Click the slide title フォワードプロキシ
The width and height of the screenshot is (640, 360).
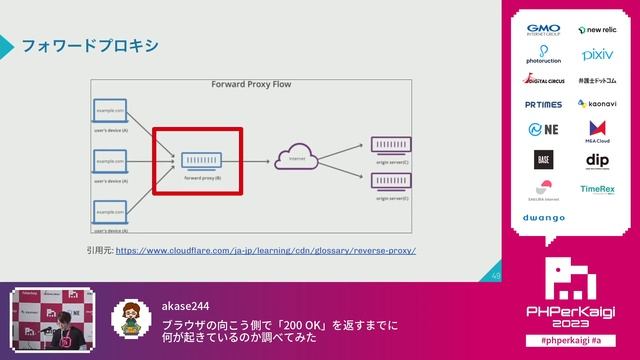(x=90, y=46)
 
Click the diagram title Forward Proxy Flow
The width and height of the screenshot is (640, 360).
(x=251, y=85)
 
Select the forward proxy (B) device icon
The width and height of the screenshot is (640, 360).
(x=202, y=158)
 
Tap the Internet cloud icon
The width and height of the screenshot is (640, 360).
(x=296, y=159)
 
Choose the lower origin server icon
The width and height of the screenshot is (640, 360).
(x=391, y=180)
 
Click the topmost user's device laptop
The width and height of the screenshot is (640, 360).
(x=110, y=112)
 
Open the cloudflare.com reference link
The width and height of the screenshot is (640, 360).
(x=265, y=250)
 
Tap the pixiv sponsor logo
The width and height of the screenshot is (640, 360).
(x=597, y=54)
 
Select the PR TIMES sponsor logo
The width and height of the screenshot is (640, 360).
(x=543, y=104)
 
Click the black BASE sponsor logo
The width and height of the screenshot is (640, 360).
(x=543, y=159)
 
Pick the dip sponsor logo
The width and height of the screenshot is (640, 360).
(x=597, y=160)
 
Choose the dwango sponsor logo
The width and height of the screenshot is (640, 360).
(x=543, y=217)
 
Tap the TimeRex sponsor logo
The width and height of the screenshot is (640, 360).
(x=597, y=189)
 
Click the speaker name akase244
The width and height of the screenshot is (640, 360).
(x=187, y=307)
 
